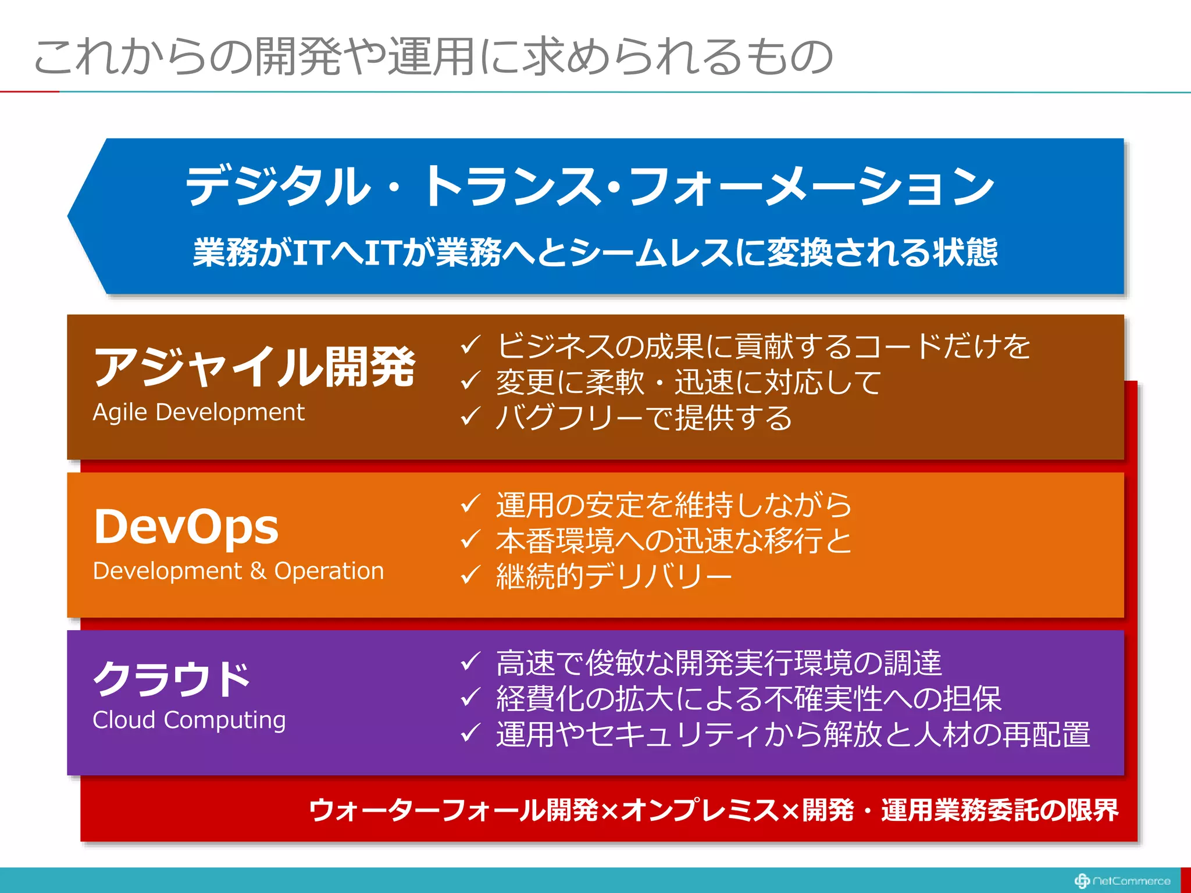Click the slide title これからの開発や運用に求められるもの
433,56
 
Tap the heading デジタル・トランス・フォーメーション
589,186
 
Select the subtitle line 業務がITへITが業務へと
594,252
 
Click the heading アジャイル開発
254,366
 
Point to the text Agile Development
198,412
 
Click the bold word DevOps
186,527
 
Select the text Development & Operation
238,571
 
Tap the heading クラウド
172,678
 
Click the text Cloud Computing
189,720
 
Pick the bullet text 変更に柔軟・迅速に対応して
688,382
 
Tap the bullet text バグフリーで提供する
644,417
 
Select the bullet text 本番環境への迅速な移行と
673,540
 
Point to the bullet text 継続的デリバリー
614,576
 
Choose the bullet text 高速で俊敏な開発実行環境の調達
718,663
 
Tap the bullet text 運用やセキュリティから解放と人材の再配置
792,734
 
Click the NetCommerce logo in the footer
1122,881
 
